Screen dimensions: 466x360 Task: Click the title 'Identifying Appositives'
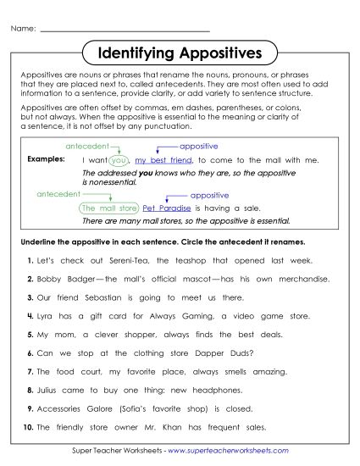180,54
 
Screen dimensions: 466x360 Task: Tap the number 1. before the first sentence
30,261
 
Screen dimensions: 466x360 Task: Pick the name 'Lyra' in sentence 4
47,316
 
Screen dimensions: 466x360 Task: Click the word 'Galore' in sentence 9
104,409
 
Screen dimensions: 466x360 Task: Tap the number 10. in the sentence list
29,428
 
